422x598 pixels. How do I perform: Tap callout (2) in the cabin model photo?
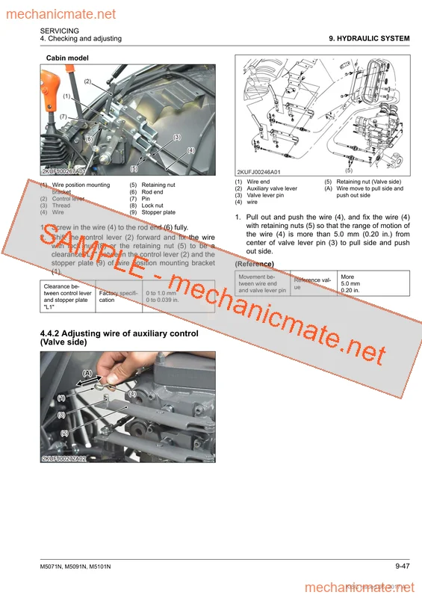click(x=87, y=81)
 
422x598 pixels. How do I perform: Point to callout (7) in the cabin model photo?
click(x=63, y=117)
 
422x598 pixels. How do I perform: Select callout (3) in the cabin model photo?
click(x=177, y=137)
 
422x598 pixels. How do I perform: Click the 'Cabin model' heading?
click(x=67, y=57)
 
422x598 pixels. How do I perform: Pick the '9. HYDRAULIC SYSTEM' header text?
click(x=369, y=38)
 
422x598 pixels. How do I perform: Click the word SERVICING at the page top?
click(x=60, y=30)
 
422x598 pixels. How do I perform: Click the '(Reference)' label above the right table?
click(x=254, y=264)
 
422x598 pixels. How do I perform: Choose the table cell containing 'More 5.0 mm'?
click(x=370, y=283)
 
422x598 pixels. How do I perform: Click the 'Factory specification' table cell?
click(x=118, y=297)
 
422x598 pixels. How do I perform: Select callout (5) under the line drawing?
click(x=349, y=170)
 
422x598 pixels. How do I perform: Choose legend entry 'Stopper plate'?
click(x=158, y=212)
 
